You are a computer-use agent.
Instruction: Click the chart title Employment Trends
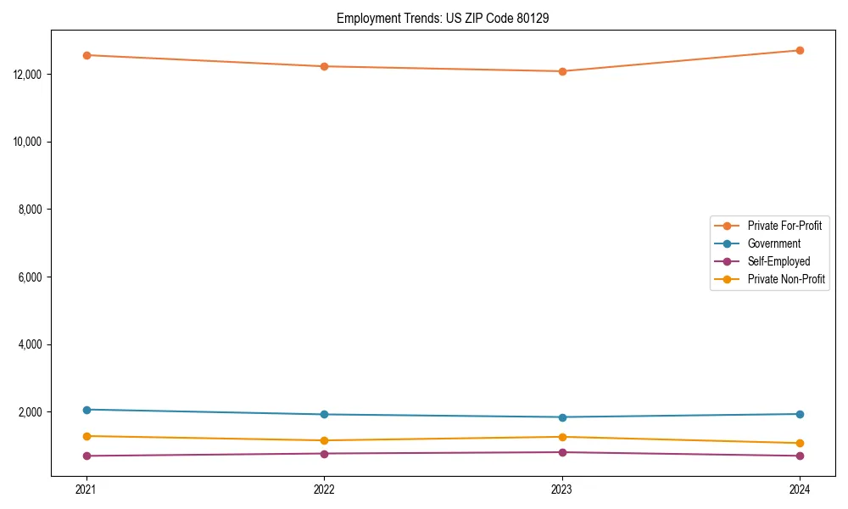443,18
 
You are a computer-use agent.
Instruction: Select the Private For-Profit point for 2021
86,55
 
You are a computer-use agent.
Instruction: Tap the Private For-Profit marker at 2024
800,50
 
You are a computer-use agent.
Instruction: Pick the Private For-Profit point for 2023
562,71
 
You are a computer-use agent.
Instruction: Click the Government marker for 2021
86,410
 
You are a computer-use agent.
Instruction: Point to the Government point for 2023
562,417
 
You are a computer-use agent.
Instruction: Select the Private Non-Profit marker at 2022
324,440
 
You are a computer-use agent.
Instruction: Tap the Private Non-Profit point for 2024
800,443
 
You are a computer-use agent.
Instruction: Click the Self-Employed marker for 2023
562,452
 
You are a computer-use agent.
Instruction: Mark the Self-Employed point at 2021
86,456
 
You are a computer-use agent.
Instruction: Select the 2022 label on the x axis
324,489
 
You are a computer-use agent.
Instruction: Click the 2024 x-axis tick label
800,489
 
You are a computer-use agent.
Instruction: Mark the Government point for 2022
324,414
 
